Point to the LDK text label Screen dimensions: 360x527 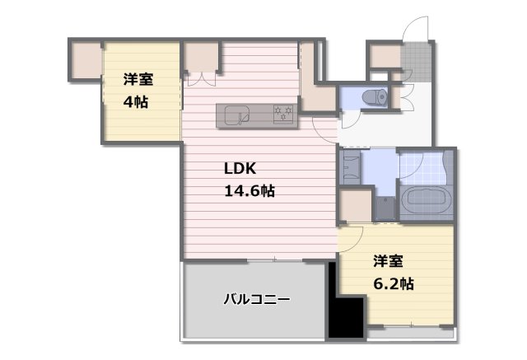[x=240, y=169]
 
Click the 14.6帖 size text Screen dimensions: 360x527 [x=250, y=190]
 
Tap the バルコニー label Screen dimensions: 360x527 [x=256, y=299]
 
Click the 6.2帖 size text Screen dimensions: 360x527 [x=393, y=283]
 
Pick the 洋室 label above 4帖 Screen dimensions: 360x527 [x=138, y=80]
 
